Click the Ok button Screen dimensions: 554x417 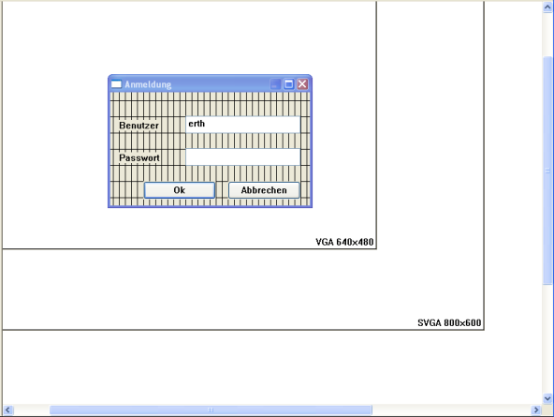[x=180, y=190]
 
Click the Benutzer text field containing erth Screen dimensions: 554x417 [x=243, y=125]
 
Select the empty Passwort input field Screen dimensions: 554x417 [x=243, y=157]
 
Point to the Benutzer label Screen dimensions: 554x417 [x=138, y=126]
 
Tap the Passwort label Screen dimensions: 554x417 [x=139, y=157]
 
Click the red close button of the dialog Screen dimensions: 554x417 [x=302, y=84]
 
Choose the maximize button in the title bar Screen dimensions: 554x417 [x=288, y=84]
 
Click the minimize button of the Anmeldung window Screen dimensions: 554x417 [x=275, y=84]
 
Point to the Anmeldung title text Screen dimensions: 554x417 [x=148, y=85]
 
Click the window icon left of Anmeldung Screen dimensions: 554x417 [x=116, y=84]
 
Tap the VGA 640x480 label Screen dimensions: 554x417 [x=344, y=242]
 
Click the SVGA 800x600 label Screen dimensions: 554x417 [x=449, y=323]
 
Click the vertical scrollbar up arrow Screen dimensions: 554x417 [x=547, y=7]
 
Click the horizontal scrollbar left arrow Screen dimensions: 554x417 [x=8, y=410]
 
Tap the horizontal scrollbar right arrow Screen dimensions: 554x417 [x=536, y=410]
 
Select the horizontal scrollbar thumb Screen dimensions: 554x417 [x=211, y=410]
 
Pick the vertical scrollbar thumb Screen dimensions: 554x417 [x=547, y=170]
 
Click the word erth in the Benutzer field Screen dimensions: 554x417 [x=197, y=124]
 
